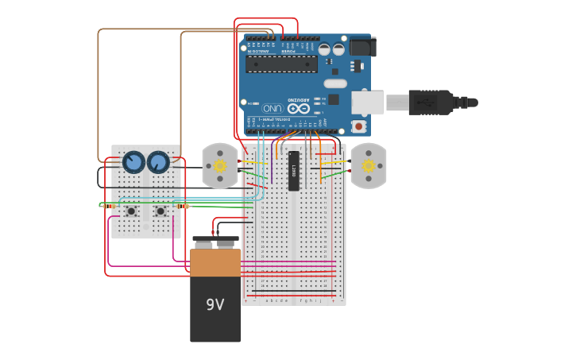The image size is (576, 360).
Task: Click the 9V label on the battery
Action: pyautogui.click(x=215, y=305)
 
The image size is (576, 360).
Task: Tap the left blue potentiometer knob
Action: pyautogui.click(x=133, y=162)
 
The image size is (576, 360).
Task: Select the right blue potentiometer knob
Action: pyautogui.click(x=158, y=162)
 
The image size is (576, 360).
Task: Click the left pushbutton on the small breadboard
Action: pyautogui.click(x=130, y=211)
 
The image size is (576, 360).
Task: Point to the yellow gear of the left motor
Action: pyautogui.click(x=220, y=165)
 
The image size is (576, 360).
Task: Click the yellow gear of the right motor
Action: pyautogui.click(x=369, y=165)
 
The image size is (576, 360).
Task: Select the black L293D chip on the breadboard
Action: pyautogui.click(x=294, y=170)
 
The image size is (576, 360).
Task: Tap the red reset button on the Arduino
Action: pyautogui.click(x=359, y=126)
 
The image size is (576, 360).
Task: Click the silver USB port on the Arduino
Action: pyautogui.click(x=368, y=102)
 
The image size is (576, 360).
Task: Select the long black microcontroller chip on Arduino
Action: pyautogui.click(x=281, y=64)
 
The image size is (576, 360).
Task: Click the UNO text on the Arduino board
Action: pyautogui.click(x=273, y=108)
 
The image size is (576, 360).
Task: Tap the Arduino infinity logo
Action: pyautogui.click(x=299, y=108)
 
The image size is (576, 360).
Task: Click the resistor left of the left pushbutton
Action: pyautogui.click(x=107, y=205)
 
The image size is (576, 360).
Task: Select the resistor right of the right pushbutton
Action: pyautogui.click(x=183, y=206)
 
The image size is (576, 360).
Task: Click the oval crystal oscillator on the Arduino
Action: pyautogui.click(x=335, y=83)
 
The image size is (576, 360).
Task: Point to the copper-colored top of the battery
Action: pyautogui.click(x=215, y=262)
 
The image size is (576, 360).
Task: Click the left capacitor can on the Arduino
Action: pyautogui.click(x=324, y=49)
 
